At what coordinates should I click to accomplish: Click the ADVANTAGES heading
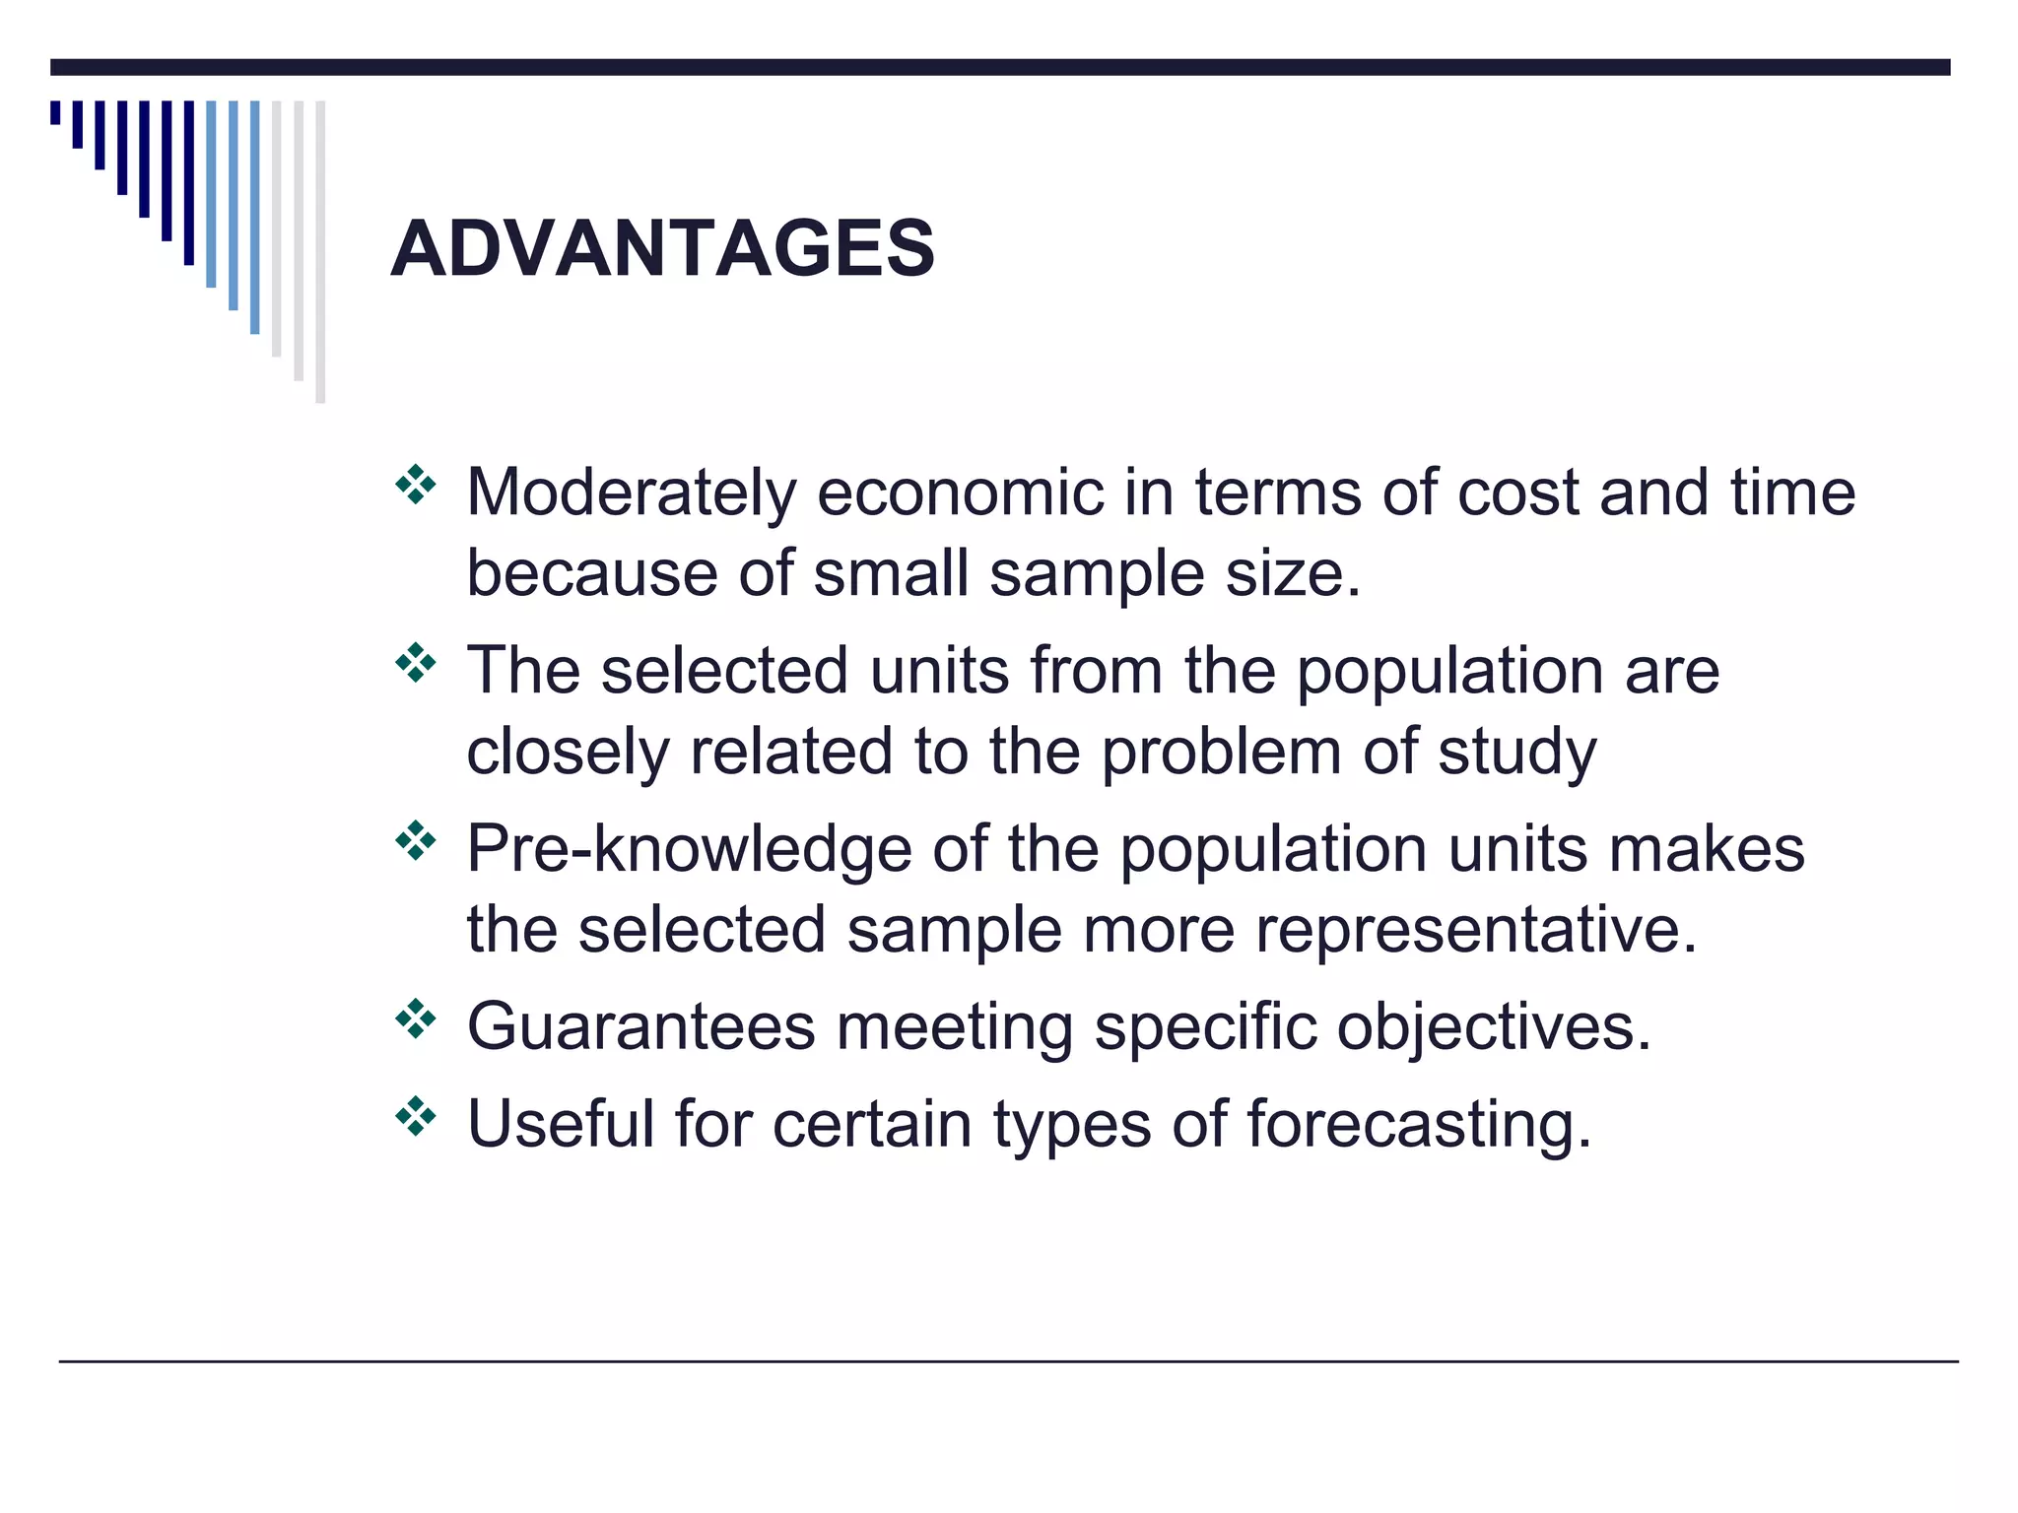point(662,248)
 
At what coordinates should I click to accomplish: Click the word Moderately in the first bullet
point(631,492)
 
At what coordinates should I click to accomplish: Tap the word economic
point(961,492)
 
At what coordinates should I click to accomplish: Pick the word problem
point(1221,753)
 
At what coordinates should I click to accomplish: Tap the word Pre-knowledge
point(689,849)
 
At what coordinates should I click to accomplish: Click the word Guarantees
point(640,1026)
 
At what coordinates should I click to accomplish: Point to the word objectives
point(1493,1026)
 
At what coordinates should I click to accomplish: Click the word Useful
point(560,1124)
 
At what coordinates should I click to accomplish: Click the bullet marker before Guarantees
point(415,1020)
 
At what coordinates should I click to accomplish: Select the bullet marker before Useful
point(415,1116)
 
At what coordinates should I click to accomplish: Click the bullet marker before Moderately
point(415,485)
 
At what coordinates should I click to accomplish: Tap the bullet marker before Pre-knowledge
point(415,841)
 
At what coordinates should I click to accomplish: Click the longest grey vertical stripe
point(320,251)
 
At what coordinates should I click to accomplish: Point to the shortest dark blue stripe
point(55,112)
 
